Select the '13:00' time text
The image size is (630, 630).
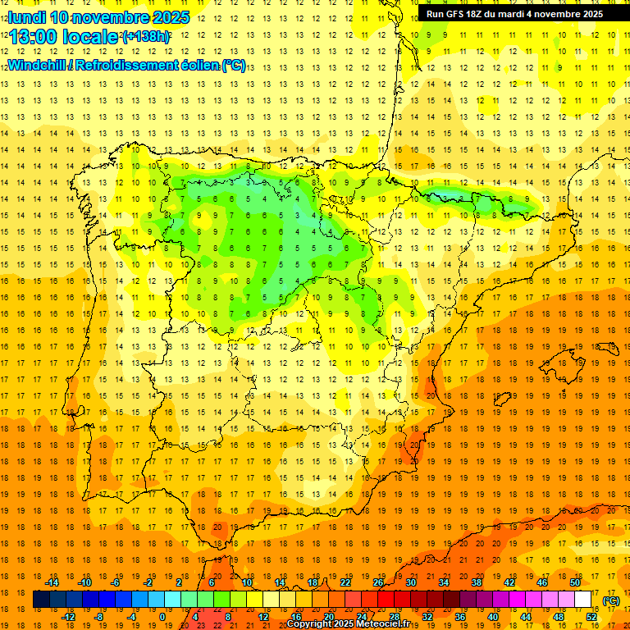34,37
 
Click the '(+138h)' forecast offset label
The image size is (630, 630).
145,37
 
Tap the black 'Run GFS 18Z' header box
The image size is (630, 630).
514,14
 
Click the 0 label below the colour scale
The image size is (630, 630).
162,617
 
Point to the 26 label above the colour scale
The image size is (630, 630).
378,582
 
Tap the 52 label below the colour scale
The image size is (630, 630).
591,617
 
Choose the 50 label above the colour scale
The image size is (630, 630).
575,582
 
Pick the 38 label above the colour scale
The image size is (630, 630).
477,582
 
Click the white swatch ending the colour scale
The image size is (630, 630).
583,600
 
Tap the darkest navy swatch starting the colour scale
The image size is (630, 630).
42,600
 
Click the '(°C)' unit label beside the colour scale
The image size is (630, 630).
611,600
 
